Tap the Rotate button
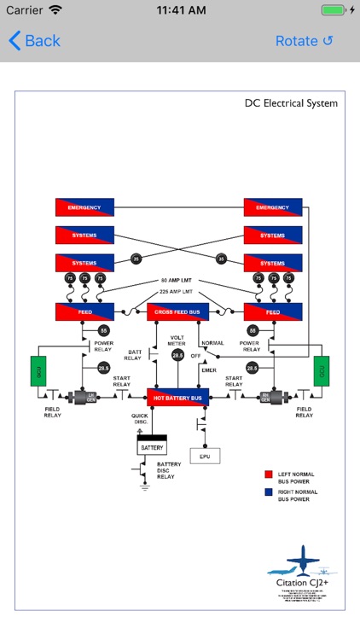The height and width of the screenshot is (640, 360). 304,41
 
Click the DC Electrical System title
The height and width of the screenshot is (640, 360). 291,103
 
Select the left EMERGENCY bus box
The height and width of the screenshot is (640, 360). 84,207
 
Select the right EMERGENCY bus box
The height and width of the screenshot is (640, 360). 273,207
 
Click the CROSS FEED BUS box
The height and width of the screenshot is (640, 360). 178,312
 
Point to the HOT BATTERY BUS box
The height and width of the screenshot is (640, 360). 178,397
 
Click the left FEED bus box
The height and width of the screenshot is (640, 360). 84,312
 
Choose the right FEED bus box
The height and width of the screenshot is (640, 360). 273,312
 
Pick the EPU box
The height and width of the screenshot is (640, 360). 205,456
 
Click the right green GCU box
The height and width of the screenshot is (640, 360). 320,371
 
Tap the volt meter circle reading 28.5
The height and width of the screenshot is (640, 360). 177,356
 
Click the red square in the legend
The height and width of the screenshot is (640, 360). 269,472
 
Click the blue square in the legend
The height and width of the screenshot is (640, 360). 269,492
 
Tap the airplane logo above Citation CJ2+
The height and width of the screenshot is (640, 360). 301,564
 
